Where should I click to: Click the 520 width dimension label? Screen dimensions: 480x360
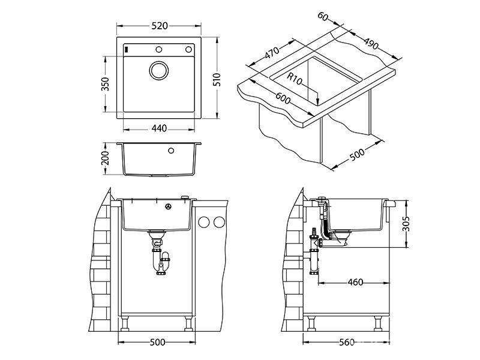click(x=160, y=26)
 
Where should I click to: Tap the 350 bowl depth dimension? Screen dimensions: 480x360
click(x=106, y=84)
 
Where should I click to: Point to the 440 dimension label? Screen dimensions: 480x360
click(x=159, y=128)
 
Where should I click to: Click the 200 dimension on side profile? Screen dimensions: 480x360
click(x=106, y=158)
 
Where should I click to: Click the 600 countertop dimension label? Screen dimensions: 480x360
click(x=283, y=98)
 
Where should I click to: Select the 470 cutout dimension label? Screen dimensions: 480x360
click(x=272, y=53)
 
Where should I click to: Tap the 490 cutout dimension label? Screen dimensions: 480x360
click(x=371, y=43)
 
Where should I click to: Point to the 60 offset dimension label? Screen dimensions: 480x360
click(x=323, y=16)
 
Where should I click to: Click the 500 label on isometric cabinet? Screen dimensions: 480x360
click(x=357, y=154)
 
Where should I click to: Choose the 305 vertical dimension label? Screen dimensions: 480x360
click(x=406, y=223)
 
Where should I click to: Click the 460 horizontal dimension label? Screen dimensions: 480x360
click(x=355, y=282)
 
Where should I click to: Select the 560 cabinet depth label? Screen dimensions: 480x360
click(x=347, y=342)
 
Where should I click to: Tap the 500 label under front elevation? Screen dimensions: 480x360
click(x=158, y=342)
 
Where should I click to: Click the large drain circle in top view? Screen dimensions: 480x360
click(x=158, y=70)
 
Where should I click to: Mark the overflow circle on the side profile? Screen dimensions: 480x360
click(x=171, y=151)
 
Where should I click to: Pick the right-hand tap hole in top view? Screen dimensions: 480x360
click(x=188, y=50)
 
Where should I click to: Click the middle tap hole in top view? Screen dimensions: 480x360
click(x=158, y=50)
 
